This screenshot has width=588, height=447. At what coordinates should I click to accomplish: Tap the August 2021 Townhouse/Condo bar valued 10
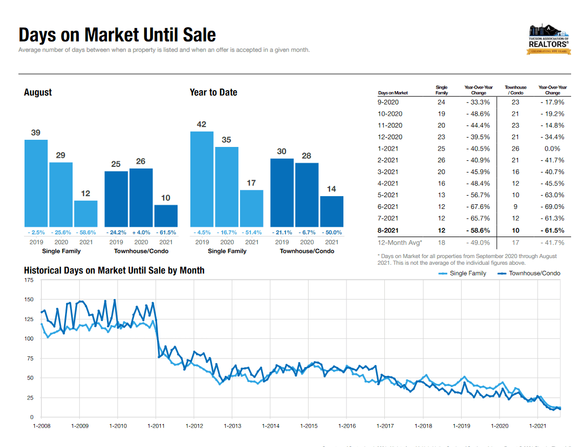click(x=166, y=216)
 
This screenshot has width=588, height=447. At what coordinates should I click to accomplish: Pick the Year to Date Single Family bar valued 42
click(x=202, y=179)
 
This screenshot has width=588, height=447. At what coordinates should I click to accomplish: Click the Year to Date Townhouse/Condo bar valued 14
click(x=332, y=211)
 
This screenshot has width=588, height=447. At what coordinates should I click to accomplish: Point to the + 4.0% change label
click(x=141, y=232)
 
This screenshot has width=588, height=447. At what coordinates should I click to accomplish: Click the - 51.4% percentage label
click(x=252, y=232)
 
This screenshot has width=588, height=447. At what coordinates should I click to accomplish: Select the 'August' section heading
click(x=38, y=92)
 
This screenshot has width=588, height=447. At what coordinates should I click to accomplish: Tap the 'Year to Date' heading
click(x=213, y=92)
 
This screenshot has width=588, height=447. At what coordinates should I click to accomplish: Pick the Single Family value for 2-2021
click(x=441, y=160)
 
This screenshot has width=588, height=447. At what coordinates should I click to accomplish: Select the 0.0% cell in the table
click(x=552, y=148)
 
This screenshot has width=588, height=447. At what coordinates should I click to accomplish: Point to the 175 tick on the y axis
click(x=29, y=281)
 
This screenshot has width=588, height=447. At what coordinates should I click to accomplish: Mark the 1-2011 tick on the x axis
click(x=156, y=426)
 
